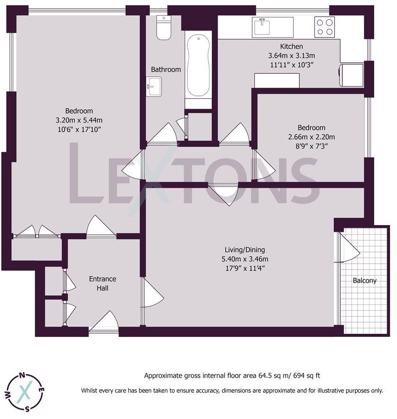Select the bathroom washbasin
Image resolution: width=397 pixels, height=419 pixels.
tap(154, 86)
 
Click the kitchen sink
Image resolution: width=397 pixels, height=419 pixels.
tap(263, 27)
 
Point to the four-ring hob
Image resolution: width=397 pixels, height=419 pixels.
tap(325, 27)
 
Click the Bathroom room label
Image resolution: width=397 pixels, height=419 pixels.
tap(166, 70)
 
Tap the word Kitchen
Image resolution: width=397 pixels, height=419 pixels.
tap(292, 46)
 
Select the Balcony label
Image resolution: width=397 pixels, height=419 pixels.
tap(364, 281)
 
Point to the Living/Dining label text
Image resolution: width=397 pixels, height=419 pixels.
tap(244, 250)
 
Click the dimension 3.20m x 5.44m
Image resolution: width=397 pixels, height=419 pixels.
tap(79, 120)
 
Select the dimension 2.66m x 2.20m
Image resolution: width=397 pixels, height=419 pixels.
tap(311, 137)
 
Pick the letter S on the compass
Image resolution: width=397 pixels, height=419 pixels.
tap(28, 409)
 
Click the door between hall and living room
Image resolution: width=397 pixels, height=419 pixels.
tap(152, 293)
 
